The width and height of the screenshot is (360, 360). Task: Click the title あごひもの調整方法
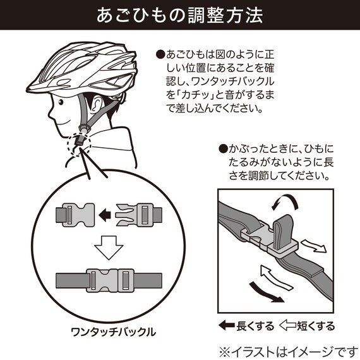point(180,16)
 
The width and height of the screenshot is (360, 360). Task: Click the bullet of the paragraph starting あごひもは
point(160,56)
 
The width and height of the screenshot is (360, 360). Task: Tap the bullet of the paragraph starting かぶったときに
point(222,150)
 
